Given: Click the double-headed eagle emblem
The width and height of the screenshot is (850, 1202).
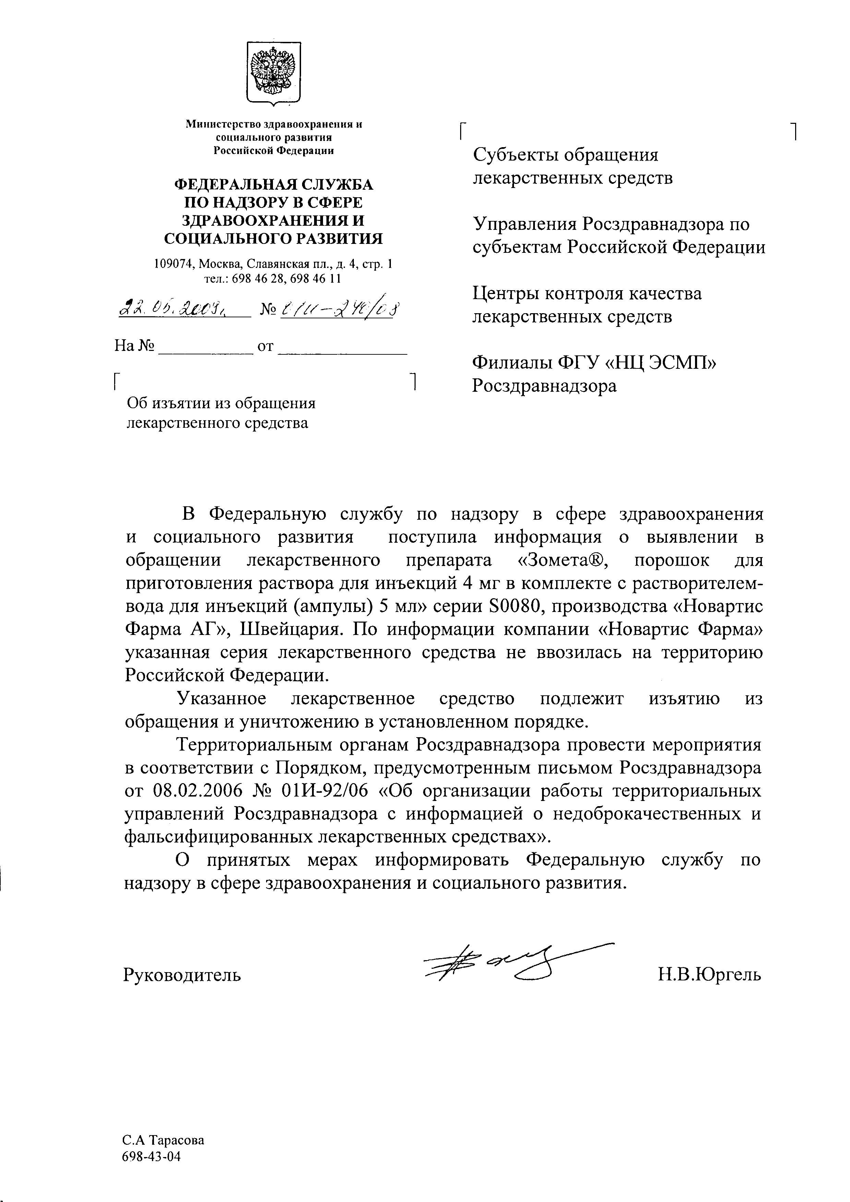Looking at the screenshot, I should [273, 72].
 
